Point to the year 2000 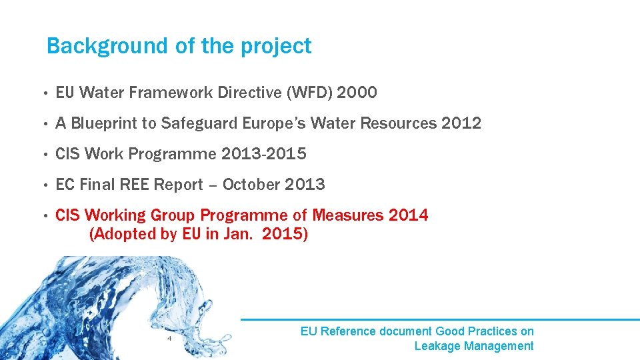357,93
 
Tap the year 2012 461,124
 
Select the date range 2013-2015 265,154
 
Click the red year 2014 408,215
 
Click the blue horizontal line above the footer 440,319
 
